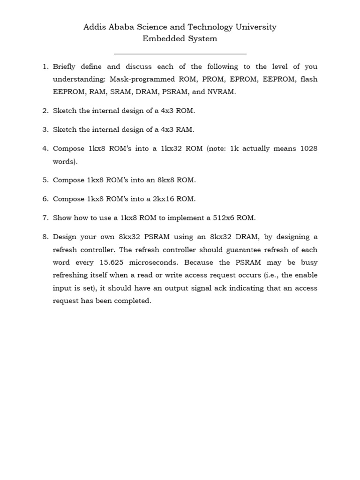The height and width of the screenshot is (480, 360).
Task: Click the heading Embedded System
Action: tap(180, 39)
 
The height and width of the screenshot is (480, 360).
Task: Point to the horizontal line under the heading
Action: tap(180, 54)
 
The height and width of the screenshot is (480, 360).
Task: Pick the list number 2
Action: tap(45, 111)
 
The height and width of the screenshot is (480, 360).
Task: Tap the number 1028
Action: tap(307, 149)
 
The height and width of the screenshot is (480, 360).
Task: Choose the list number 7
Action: tap(45, 218)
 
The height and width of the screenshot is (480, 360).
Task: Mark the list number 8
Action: tap(45, 237)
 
